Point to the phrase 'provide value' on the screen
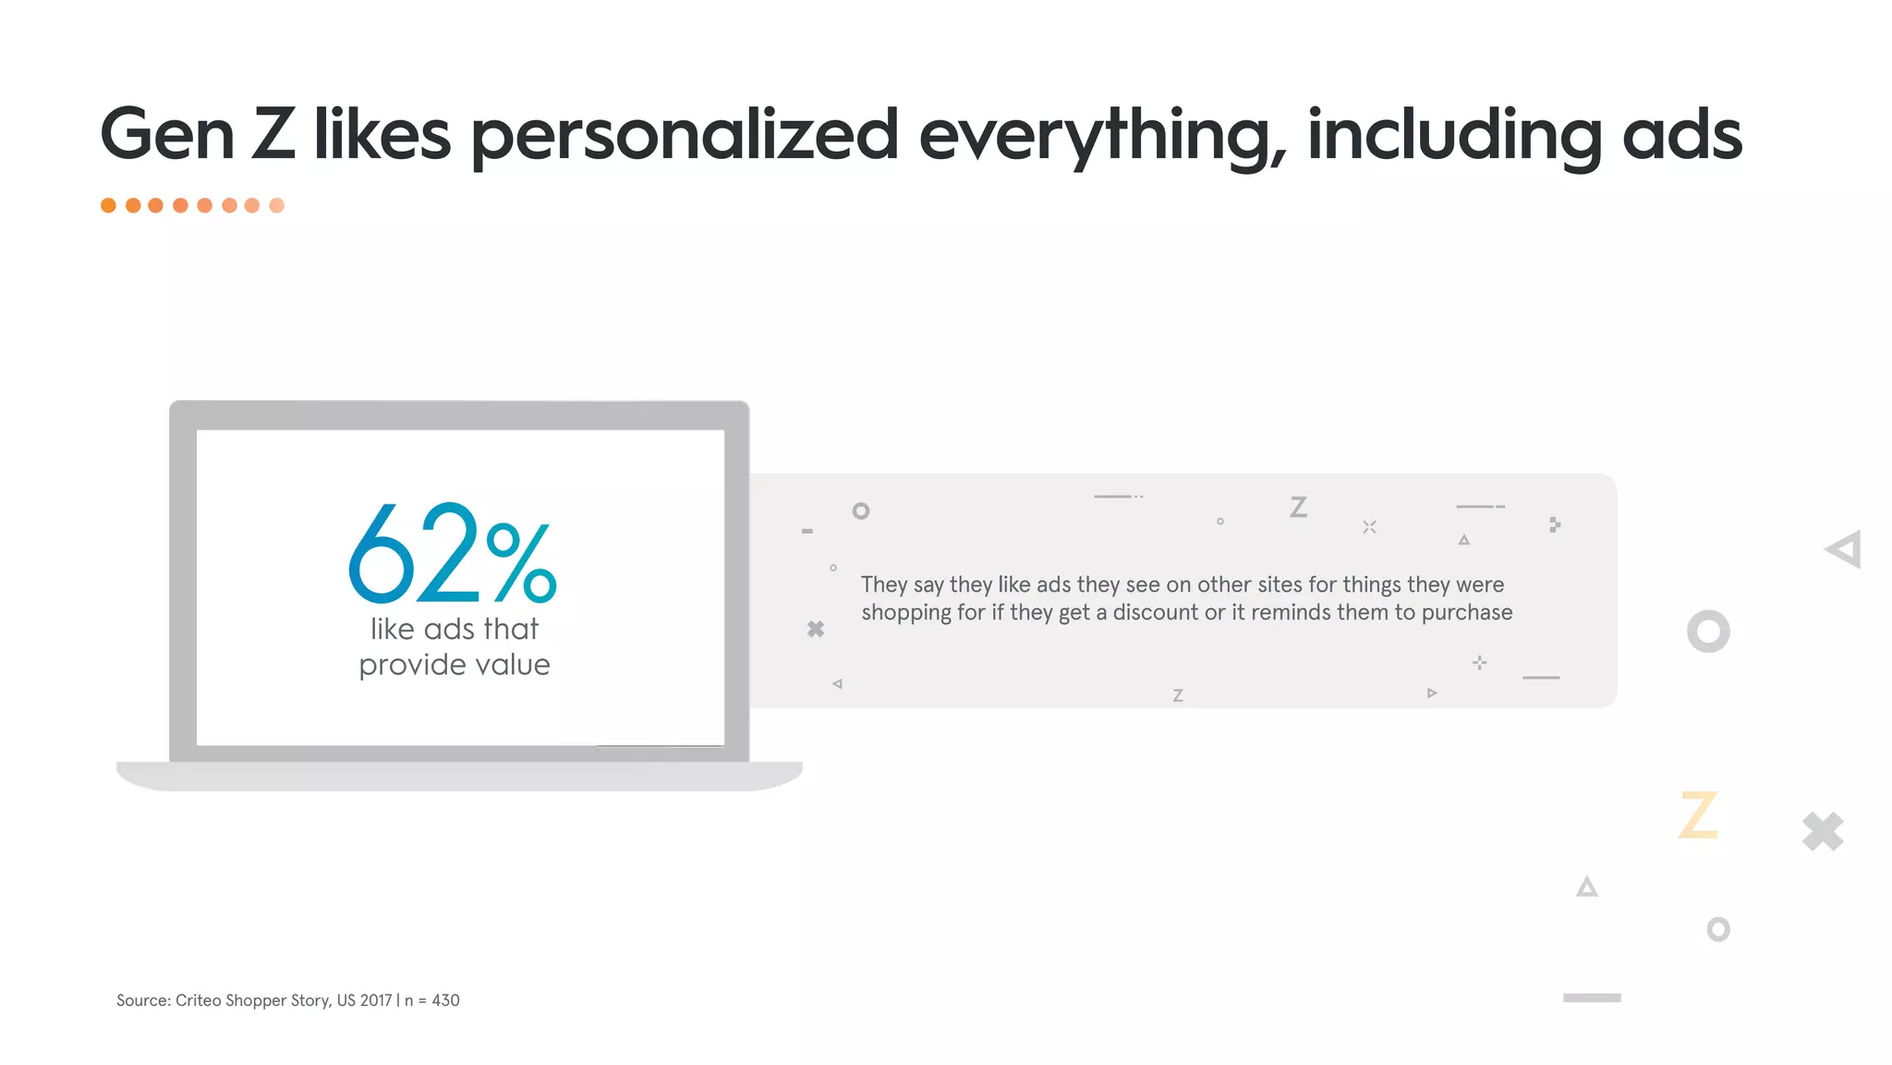[x=455, y=665]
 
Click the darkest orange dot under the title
[x=108, y=205]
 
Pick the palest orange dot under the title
[x=276, y=205]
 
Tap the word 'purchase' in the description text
[x=1467, y=612]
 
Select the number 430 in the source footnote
[x=445, y=1000]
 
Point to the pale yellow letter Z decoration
[x=1698, y=815]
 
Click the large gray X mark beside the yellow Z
[x=1823, y=831]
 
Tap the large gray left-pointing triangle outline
[x=1844, y=550]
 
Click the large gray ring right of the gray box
[x=1708, y=631]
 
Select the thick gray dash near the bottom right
[x=1592, y=998]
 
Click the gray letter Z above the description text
[x=1298, y=508]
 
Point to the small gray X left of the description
[x=816, y=630]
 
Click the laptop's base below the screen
[x=459, y=776]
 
